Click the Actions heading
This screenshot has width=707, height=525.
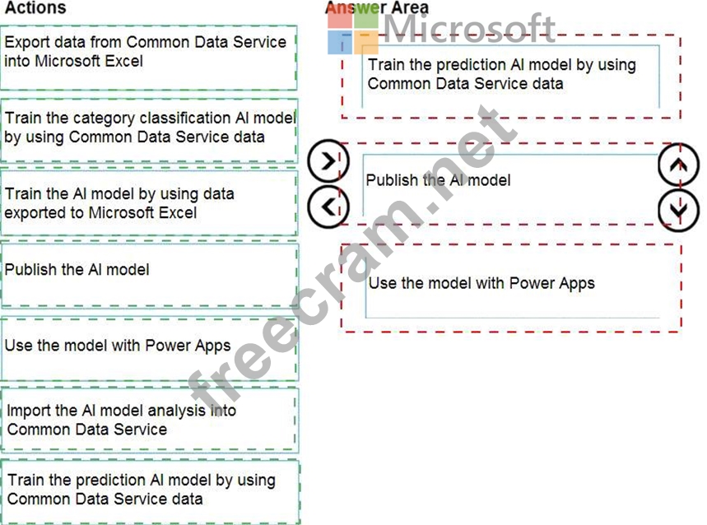[x=35, y=8]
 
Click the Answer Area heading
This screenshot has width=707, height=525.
[x=377, y=8]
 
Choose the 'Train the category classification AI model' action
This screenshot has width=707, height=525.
[x=148, y=128]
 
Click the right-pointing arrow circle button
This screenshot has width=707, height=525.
[x=328, y=161]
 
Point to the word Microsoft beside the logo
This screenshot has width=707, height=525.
[x=469, y=30]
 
